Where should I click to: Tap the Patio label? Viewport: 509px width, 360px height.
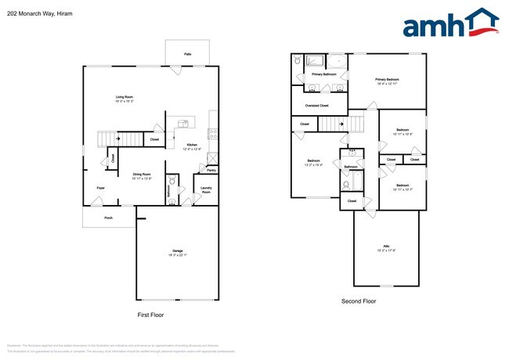(188, 54)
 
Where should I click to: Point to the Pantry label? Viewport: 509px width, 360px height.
(211, 170)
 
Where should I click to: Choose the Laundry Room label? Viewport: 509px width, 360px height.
(206, 189)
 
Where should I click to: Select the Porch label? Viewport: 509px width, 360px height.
(108, 218)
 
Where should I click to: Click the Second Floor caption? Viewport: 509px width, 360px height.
(359, 301)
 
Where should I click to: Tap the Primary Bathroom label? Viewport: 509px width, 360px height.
(323, 74)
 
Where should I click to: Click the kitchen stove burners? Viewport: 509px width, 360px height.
(211, 133)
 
